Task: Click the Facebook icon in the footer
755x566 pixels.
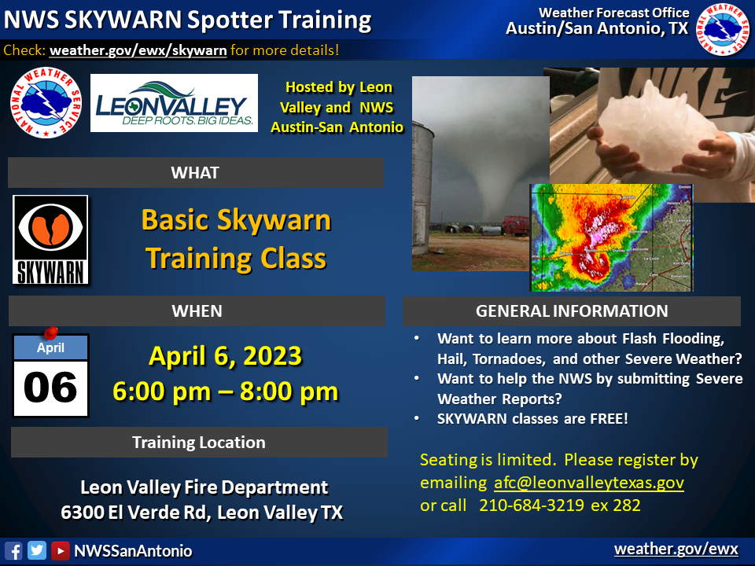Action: [x=13, y=550]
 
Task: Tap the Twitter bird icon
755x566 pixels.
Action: [x=37, y=550]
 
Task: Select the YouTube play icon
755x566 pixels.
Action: [x=60, y=550]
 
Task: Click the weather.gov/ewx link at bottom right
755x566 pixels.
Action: [x=676, y=549]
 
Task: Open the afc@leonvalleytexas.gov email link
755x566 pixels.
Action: [x=589, y=483]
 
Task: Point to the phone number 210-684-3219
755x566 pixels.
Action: [x=532, y=505]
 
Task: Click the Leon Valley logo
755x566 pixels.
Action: [x=174, y=103]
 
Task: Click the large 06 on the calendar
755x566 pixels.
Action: [x=50, y=387]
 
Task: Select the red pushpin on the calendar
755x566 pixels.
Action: [x=51, y=333]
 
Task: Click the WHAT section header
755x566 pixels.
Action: [x=195, y=172]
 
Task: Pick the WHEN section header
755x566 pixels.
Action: [x=197, y=311]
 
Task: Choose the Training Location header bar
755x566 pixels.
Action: [x=198, y=443]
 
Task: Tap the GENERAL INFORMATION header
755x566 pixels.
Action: [x=572, y=311]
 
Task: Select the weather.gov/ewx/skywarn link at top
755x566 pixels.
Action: [x=138, y=50]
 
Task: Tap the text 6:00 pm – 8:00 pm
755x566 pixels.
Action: [x=226, y=391]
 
